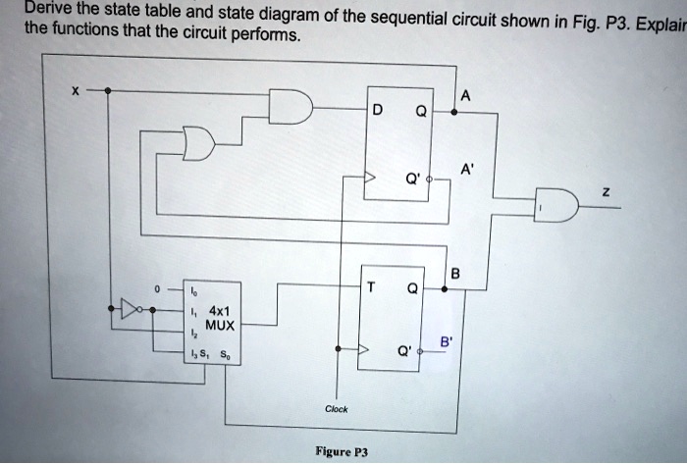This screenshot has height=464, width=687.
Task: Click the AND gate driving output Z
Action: coord(556,204)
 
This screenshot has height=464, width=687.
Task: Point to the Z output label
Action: coord(606,193)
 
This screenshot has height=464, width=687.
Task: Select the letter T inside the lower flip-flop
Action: coord(371,288)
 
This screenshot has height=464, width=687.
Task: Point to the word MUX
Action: coord(219,325)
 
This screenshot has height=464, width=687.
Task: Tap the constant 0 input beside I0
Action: coord(155,290)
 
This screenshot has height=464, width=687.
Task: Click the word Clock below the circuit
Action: coord(337,409)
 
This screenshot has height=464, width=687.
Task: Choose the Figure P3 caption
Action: coord(341,452)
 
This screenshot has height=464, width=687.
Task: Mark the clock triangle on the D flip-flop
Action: coord(370,180)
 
